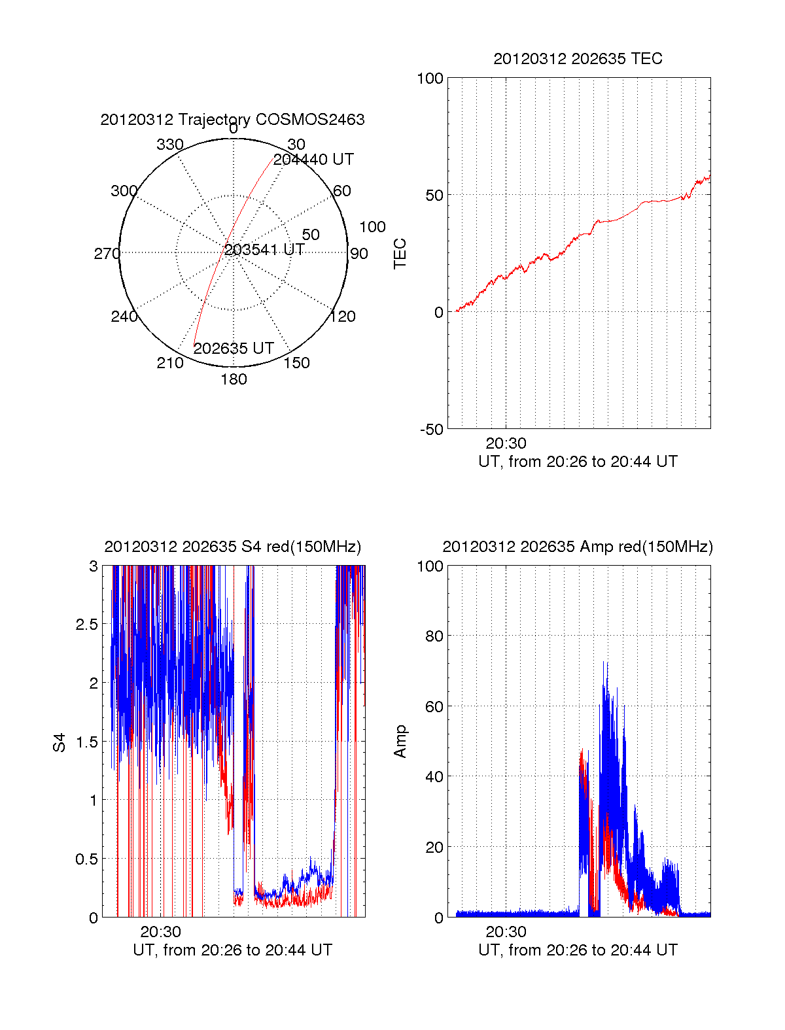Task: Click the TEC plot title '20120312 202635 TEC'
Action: tap(578, 59)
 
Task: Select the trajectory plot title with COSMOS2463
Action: tap(232, 120)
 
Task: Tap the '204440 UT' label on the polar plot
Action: tap(313, 160)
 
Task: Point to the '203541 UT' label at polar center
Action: tap(264, 250)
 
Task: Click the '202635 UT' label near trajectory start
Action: tap(234, 349)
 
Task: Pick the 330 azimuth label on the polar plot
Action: tap(169, 145)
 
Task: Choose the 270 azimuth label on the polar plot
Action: tap(107, 254)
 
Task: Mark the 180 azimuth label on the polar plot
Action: tap(234, 379)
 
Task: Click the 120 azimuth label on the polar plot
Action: tap(343, 317)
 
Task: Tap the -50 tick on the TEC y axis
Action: tap(432, 430)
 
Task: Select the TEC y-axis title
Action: tap(400, 254)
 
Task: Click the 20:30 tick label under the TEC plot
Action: tap(506, 443)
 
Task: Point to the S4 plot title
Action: tap(232, 547)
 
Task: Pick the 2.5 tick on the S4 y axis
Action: tap(86, 625)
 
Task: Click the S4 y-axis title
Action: tap(60, 742)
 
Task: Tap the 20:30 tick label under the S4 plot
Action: tap(160, 932)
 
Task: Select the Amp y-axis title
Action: tap(400, 742)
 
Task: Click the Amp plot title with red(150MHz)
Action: tap(578, 547)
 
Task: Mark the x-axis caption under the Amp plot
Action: tap(578, 950)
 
